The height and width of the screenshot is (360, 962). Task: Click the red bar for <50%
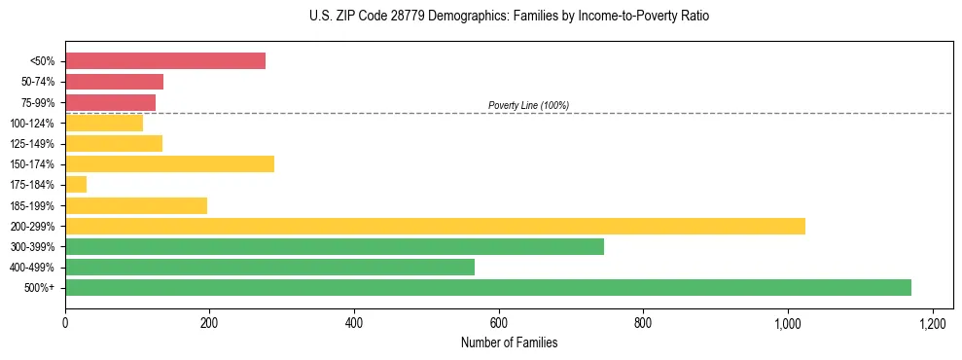[x=165, y=61]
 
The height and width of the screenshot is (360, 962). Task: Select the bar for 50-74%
[x=114, y=82]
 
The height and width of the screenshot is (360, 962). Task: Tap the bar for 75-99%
[x=110, y=102]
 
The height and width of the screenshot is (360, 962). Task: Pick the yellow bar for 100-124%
[x=104, y=123]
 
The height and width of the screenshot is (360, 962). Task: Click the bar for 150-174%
[x=169, y=163]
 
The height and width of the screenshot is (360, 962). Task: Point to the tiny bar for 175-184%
[x=76, y=185]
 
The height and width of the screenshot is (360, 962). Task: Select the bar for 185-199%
[x=136, y=205]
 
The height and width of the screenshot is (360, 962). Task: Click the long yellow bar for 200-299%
[x=435, y=226]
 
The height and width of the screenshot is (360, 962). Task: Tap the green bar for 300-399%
[x=335, y=246]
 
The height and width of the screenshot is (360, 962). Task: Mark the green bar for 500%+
[x=488, y=287]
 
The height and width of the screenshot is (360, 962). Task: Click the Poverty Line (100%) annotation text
[x=528, y=105]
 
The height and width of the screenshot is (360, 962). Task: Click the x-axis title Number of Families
[x=509, y=342]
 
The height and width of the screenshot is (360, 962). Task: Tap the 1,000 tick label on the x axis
[x=788, y=322]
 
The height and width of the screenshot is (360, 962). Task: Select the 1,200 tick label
[x=932, y=322]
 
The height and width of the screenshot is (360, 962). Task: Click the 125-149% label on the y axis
[x=33, y=144]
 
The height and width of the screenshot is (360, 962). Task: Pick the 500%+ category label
[x=40, y=288]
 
